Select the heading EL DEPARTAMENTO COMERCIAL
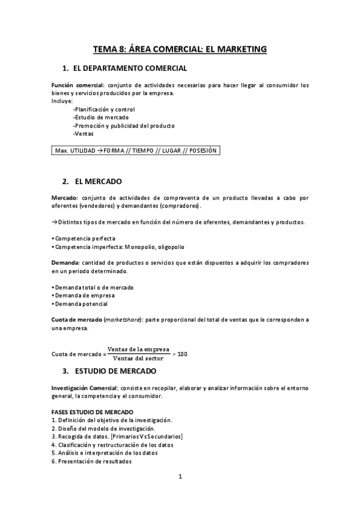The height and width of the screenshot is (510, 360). (x=129, y=69)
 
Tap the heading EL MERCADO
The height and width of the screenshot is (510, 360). (x=99, y=181)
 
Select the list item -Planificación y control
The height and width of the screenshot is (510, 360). (x=103, y=109)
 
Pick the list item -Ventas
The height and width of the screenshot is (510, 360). (x=83, y=134)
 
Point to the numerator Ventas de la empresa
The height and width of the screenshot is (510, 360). (x=138, y=349)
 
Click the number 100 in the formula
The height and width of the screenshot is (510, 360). (x=182, y=354)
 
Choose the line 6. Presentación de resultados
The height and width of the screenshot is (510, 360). (x=92, y=461)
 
